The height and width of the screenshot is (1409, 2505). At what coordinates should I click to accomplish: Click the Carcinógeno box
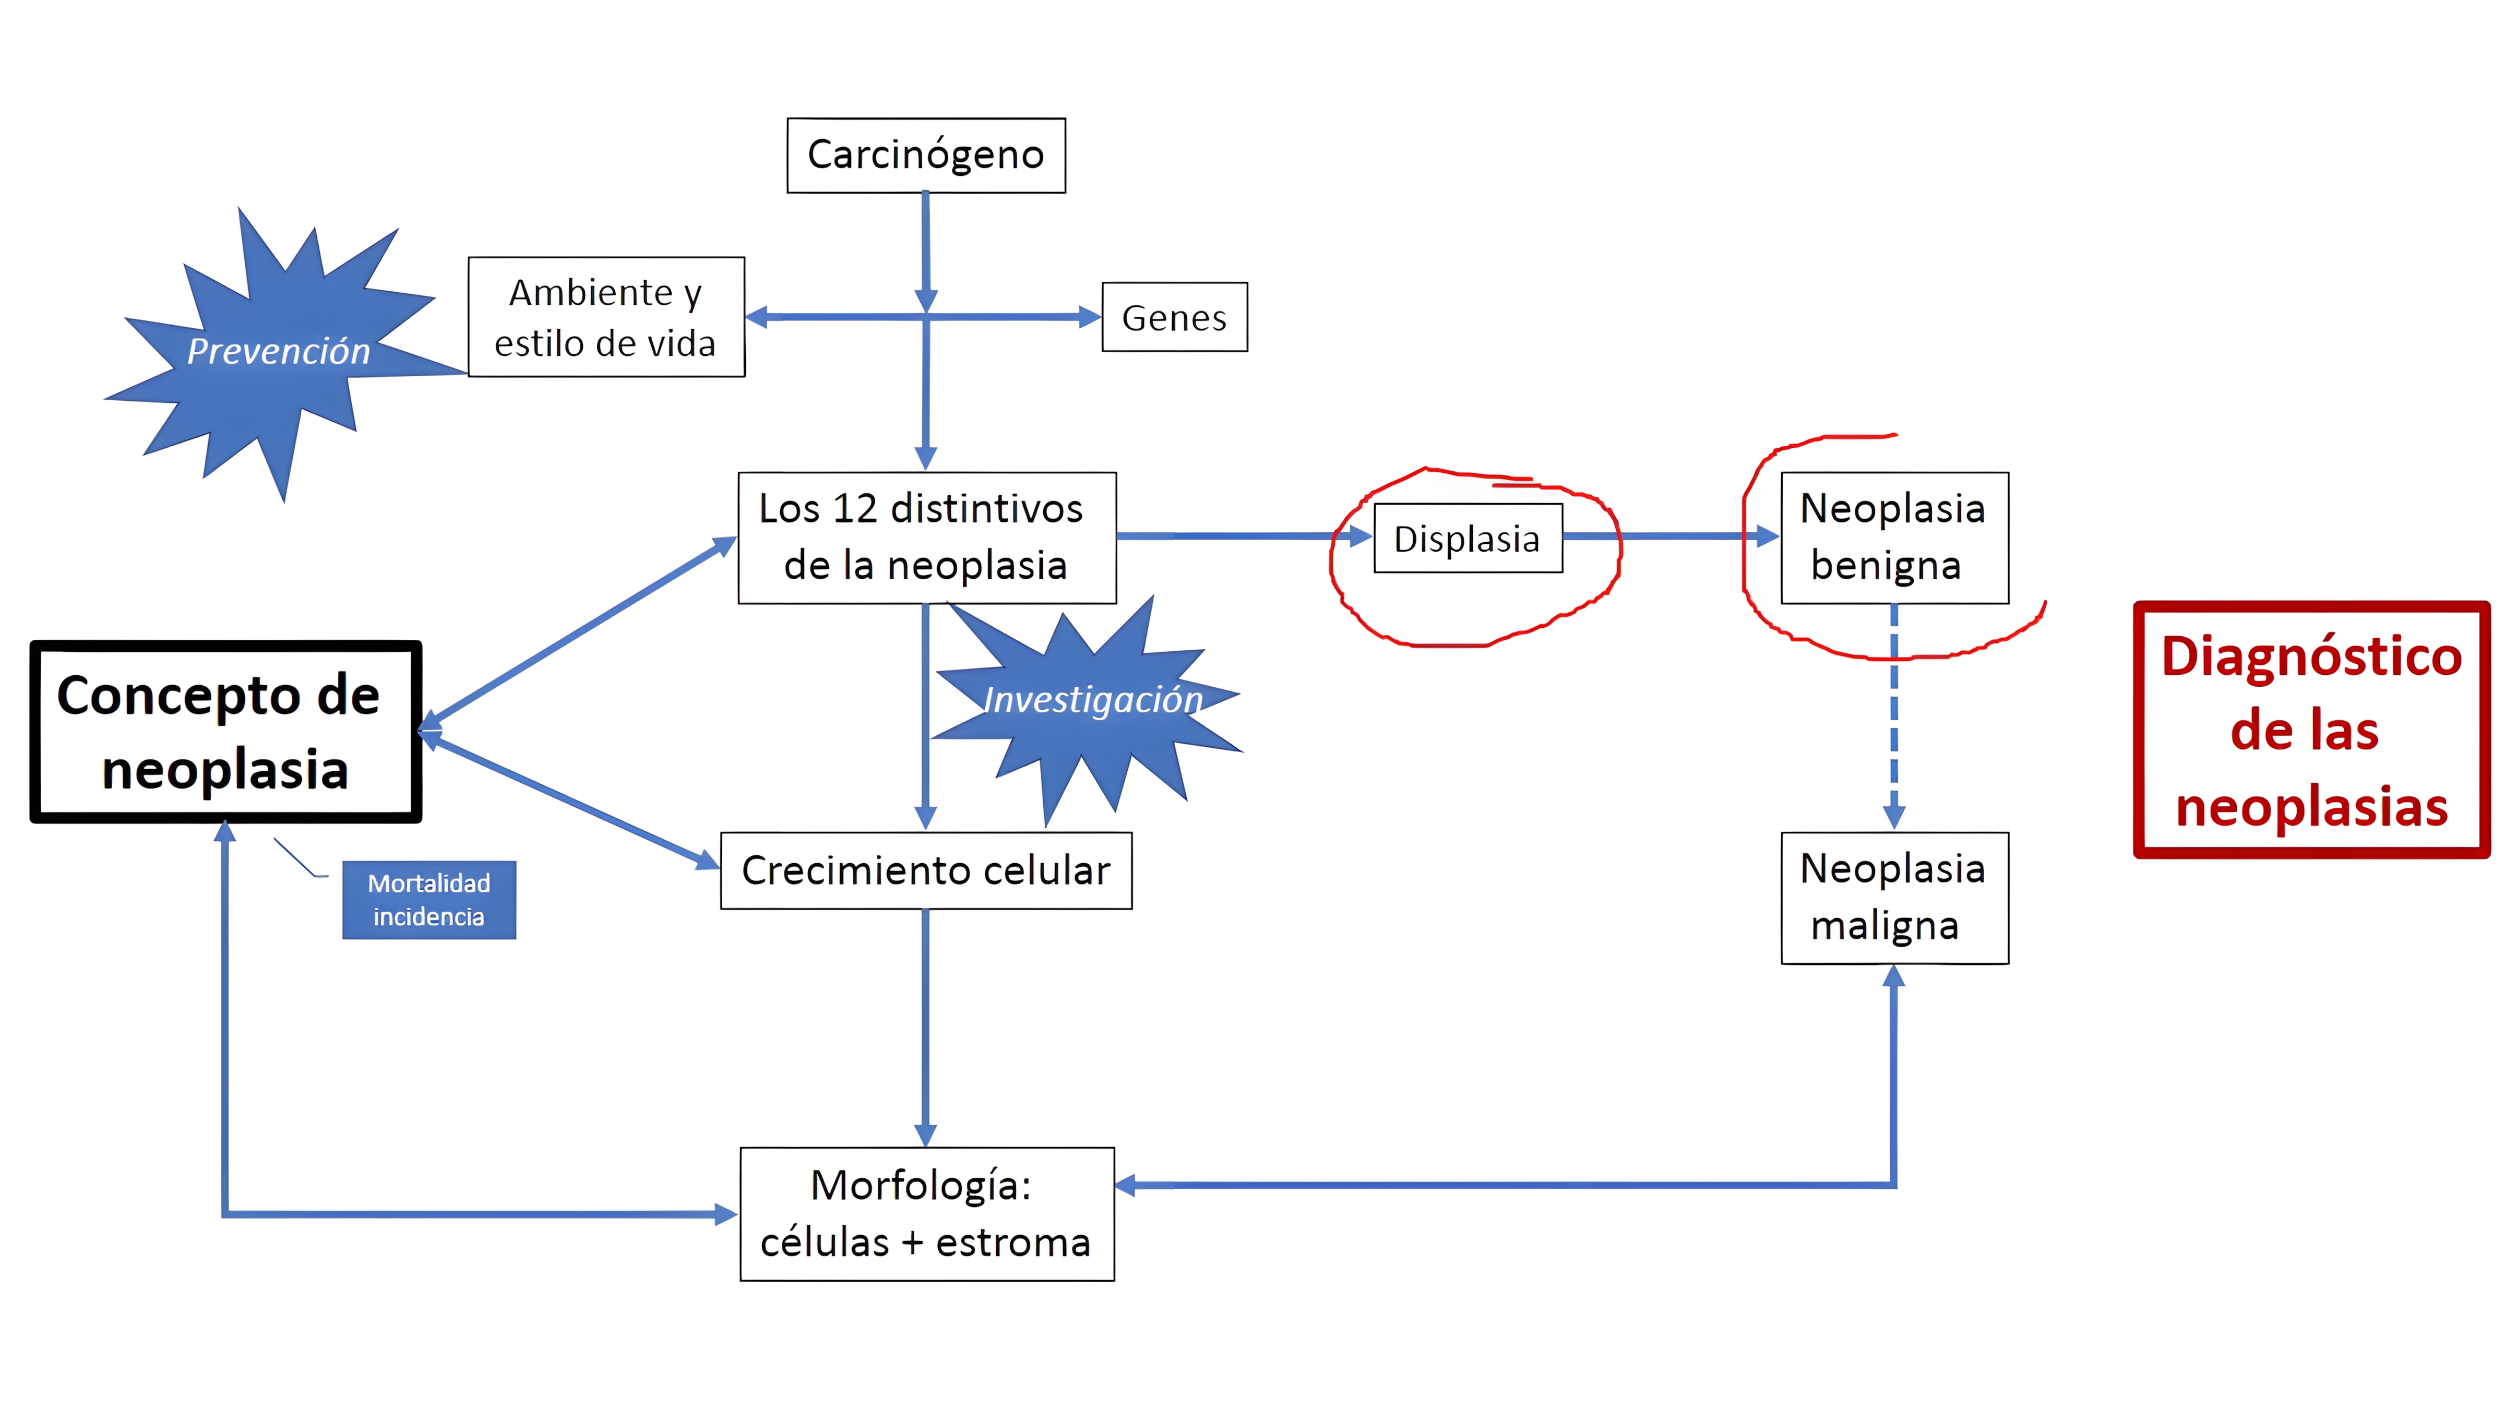click(926, 156)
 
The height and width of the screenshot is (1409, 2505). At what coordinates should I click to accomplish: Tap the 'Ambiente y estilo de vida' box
click(606, 317)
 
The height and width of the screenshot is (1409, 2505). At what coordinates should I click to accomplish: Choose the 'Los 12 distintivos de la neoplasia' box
click(926, 538)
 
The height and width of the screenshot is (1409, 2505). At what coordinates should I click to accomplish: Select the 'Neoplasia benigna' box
click(1893, 538)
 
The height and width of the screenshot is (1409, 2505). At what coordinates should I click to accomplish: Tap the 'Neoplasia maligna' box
click(1893, 898)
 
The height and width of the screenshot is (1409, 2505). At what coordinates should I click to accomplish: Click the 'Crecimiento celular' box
click(926, 870)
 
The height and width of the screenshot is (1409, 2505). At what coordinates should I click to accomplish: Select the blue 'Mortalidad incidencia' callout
click(429, 900)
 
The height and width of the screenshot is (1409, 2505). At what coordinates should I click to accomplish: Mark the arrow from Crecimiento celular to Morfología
click(926, 1026)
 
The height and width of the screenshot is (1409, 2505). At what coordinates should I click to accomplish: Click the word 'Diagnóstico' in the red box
click(2310, 656)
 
